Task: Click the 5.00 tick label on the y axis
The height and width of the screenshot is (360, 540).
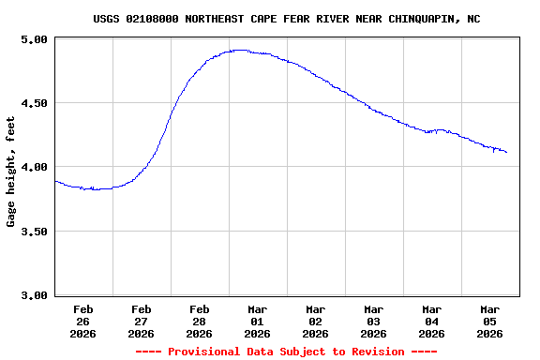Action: coord(35,39)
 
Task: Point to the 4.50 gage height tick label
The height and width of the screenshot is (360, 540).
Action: coord(35,103)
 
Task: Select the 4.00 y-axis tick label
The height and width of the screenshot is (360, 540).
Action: coord(35,167)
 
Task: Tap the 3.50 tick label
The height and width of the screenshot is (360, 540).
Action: coord(35,232)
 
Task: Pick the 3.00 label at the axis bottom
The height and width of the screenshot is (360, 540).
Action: coord(35,295)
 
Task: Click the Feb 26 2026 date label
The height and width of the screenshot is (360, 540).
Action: coord(83,321)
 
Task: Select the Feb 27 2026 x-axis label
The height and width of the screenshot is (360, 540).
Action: coord(142,321)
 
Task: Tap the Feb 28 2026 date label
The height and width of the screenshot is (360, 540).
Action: coord(200,321)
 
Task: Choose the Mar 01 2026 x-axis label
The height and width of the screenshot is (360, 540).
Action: coord(258,321)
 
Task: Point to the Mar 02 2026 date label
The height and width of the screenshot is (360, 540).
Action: coord(316,321)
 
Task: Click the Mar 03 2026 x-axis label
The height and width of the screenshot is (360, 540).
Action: coord(374,321)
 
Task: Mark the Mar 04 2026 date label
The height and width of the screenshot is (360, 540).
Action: coord(432,321)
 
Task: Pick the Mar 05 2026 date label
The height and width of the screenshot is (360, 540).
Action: coord(490,321)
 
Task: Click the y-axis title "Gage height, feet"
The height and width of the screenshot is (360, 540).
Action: coord(11,172)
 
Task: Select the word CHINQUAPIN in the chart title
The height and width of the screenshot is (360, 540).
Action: coord(434,19)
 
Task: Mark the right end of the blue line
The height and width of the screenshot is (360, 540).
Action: coord(507,152)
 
